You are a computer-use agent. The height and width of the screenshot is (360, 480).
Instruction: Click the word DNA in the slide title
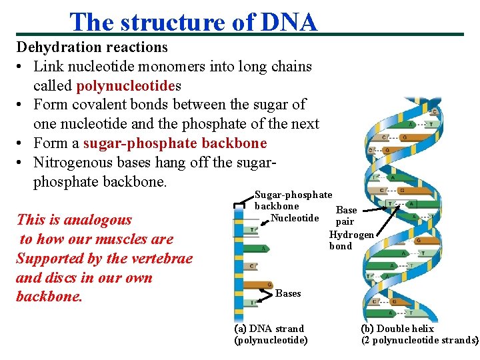(289, 22)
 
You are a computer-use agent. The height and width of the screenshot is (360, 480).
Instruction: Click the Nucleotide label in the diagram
(295, 218)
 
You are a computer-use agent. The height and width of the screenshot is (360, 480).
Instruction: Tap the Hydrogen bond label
(351, 240)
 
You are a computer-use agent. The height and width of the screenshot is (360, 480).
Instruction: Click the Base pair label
(345, 215)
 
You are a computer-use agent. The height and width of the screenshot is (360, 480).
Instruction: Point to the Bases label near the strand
(288, 293)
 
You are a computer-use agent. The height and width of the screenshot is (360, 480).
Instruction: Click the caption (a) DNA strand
(269, 329)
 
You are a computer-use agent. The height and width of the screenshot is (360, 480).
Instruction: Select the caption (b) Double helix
(397, 329)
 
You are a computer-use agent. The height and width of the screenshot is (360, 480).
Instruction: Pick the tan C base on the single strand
(251, 267)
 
